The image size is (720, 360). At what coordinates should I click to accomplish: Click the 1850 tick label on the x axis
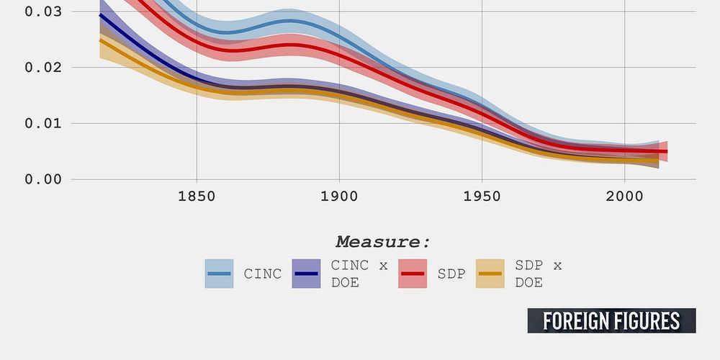[x=197, y=197]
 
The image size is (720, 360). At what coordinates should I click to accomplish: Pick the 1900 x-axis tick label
[x=339, y=197]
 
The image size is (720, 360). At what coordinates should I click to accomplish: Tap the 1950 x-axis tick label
[x=482, y=197]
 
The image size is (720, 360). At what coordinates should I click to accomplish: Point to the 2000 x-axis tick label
[x=624, y=197]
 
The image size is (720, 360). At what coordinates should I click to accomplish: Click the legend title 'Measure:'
[x=383, y=241]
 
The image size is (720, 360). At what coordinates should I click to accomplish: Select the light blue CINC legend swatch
[x=219, y=274]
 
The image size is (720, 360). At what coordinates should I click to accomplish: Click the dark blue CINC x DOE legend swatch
[x=306, y=274]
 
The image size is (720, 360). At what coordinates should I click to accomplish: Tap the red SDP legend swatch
[x=413, y=274]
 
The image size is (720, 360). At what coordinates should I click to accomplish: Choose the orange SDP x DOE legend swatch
[x=490, y=274]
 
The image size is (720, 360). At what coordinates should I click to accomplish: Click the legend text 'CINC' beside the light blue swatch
[x=262, y=274]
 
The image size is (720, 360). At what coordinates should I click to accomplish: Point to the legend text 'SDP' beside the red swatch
[x=451, y=274]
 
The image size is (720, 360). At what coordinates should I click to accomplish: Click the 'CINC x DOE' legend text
[x=359, y=274]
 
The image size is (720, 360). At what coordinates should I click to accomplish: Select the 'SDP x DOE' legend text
[x=538, y=274]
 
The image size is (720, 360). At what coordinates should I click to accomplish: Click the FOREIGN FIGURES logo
[x=611, y=320]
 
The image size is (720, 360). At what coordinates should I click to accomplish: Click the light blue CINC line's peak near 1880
[x=288, y=21]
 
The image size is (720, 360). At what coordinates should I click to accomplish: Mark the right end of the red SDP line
[x=667, y=151]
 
